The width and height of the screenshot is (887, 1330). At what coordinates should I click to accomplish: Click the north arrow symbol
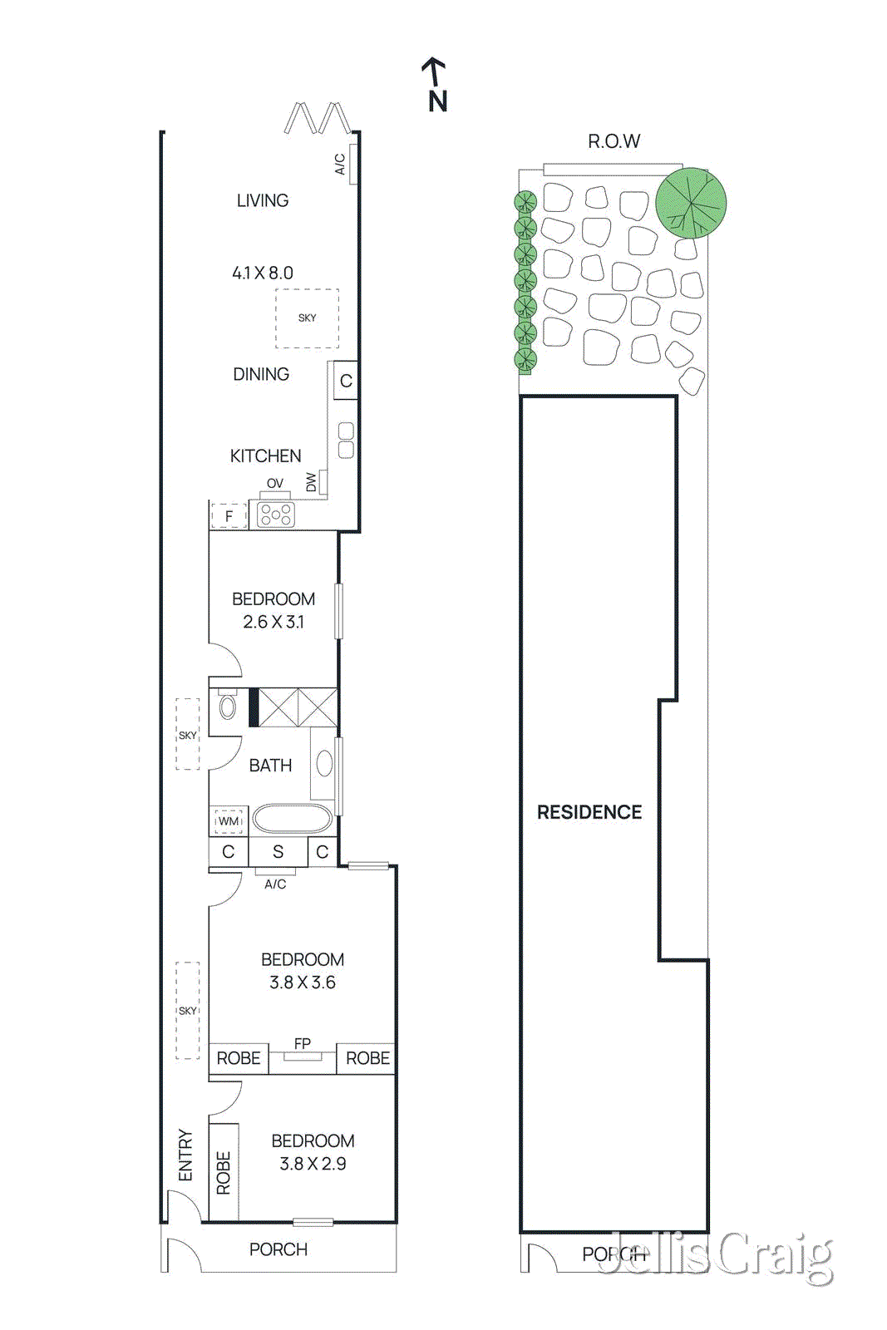(436, 84)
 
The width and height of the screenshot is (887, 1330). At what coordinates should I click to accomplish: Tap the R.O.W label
(614, 141)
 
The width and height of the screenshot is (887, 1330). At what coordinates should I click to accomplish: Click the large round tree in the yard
(691, 203)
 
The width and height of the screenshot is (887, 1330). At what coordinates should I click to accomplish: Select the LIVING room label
(263, 200)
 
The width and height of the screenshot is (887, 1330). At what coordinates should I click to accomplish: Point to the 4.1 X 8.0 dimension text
(263, 273)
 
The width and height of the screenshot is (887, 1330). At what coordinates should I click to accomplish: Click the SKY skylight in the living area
(307, 318)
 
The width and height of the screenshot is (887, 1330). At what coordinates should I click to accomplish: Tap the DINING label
(261, 374)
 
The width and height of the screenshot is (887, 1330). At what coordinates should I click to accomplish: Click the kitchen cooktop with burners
(275, 515)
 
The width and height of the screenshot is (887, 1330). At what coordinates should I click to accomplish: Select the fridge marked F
(229, 516)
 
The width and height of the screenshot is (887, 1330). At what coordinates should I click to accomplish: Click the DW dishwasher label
(312, 481)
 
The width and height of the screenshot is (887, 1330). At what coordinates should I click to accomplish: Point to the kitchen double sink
(346, 441)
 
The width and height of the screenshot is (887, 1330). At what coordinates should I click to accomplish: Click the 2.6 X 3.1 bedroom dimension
(273, 622)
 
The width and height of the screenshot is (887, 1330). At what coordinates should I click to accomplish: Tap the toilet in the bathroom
(226, 707)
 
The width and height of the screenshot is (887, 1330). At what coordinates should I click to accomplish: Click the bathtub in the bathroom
(292, 819)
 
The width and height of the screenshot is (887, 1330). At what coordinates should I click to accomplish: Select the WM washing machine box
(228, 821)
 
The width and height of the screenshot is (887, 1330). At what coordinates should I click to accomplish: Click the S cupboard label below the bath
(278, 852)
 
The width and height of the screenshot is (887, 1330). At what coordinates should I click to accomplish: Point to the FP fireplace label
(303, 1043)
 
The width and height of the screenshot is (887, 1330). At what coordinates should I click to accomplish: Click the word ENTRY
(185, 1155)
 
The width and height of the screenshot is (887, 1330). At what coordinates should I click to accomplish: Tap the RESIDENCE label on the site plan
(589, 812)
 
